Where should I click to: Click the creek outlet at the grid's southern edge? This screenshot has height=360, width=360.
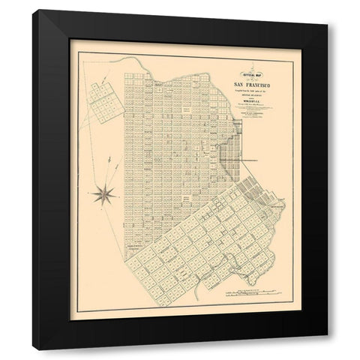coord(196,286)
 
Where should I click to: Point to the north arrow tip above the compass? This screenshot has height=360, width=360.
coord(112,159)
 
